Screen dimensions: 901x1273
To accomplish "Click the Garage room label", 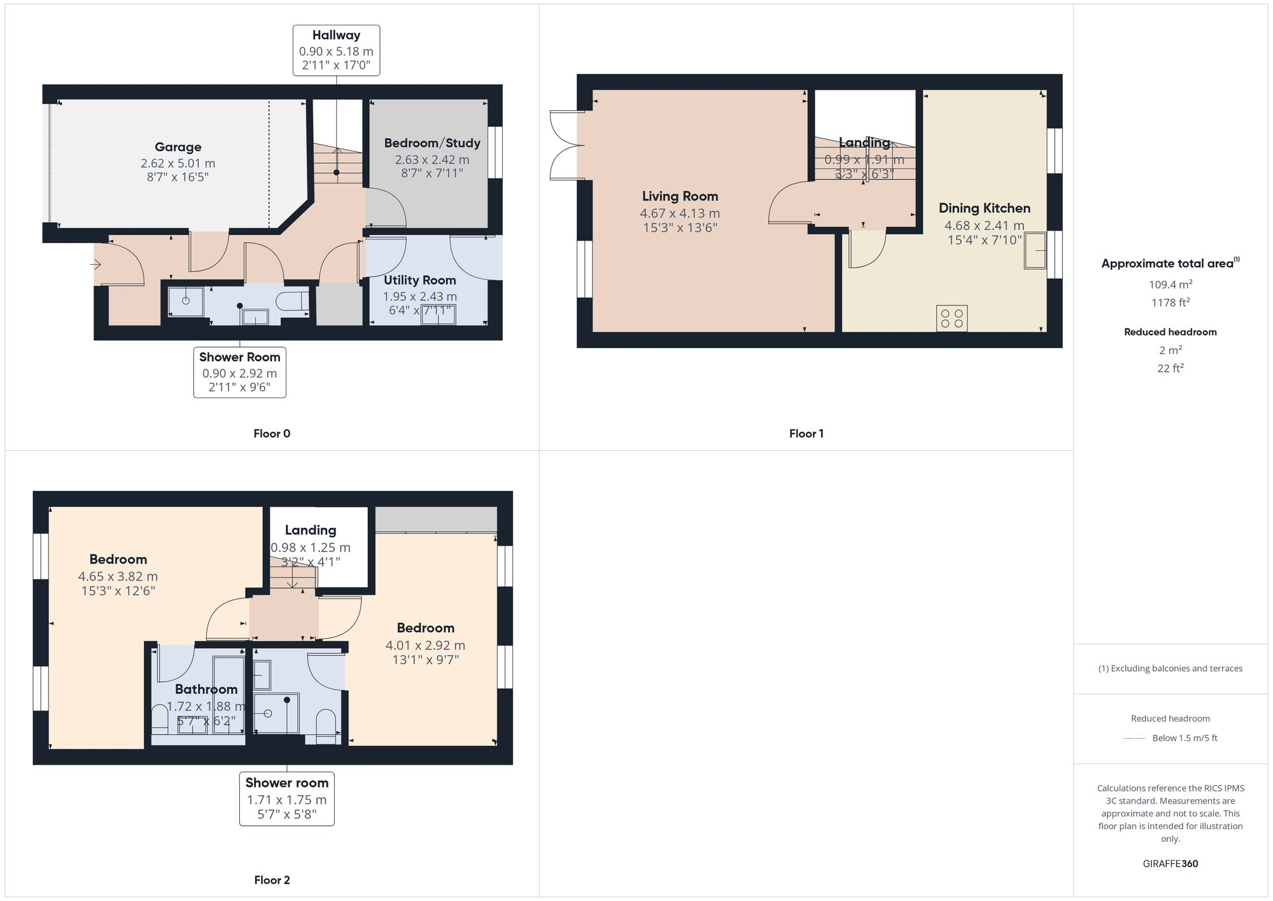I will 178,147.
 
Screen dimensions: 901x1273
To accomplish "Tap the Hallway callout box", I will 336,50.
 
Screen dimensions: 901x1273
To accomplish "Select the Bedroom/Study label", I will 432,143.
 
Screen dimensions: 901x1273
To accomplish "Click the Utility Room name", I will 419,280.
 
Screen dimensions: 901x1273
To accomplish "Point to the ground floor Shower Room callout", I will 239,372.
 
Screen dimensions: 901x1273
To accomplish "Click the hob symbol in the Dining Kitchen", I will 952,318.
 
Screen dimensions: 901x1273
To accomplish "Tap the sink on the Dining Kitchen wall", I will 1035,250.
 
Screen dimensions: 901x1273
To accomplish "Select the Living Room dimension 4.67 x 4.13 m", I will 680,213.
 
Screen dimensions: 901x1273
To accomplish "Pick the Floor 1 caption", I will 806,434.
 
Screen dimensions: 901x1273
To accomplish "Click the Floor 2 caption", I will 272,880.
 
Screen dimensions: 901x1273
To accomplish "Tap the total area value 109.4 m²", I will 1170,285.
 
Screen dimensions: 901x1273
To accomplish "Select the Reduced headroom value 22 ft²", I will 1170,368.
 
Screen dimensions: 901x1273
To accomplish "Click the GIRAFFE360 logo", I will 1170,863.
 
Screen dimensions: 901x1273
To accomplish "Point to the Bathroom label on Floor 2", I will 206,689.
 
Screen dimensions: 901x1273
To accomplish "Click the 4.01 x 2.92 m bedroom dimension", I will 425,645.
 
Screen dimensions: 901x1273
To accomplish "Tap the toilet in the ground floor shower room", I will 295,301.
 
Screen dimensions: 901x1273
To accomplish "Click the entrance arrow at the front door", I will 96,264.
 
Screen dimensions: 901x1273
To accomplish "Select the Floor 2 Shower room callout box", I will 286,798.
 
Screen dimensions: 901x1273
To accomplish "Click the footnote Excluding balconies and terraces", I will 1170,668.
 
